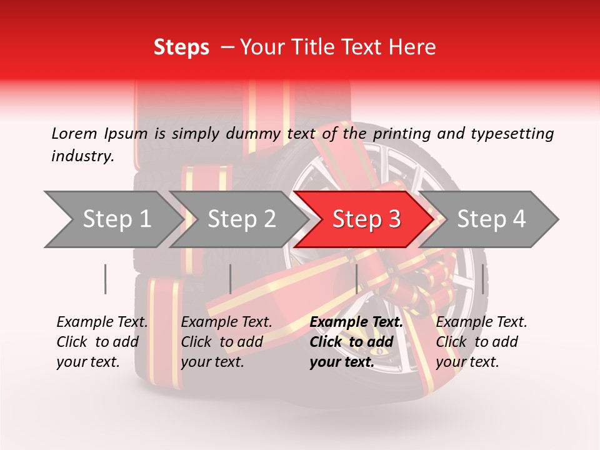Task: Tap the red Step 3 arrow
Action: click(366, 219)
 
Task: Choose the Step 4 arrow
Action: click(491, 219)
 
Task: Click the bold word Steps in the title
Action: click(181, 47)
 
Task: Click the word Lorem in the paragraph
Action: click(74, 133)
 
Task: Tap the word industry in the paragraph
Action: click(82, 156)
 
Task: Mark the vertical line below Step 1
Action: click(106, 279)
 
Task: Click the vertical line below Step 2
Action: click(231, 279)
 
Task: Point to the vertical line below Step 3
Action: click(356, 279)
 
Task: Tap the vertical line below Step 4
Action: click(483, 279)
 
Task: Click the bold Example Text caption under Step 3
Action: click(356, 341)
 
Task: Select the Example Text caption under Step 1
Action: click(102, 341)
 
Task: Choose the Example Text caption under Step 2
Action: click(226, 341)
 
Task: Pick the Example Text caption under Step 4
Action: click(481, 341)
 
